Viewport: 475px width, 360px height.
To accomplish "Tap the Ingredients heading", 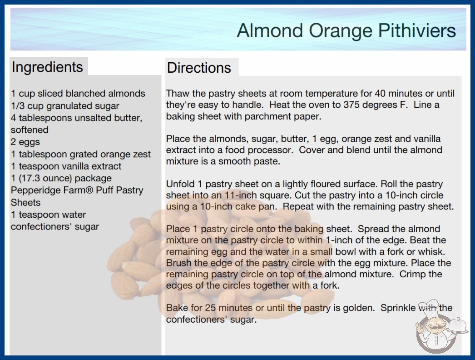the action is tap(47, 67).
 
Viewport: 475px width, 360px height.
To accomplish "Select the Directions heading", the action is tap(199, 68).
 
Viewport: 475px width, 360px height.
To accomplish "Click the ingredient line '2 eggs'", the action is tap(25, 142).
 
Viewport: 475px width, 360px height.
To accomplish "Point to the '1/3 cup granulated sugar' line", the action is tap(65, 106).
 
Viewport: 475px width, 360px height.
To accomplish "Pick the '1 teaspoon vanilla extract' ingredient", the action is tap(66, 166).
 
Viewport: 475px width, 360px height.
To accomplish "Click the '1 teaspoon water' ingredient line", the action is tap(49, 215).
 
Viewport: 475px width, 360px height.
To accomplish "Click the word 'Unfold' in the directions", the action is tap(180, 184).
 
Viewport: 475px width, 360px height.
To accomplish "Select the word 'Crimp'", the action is tap(412, 274).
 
